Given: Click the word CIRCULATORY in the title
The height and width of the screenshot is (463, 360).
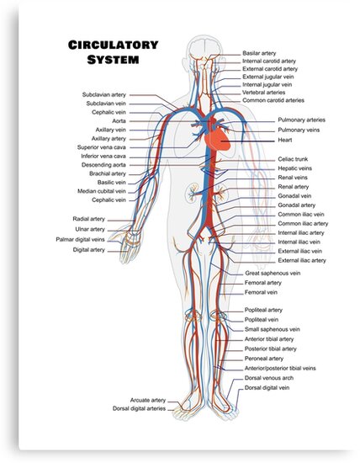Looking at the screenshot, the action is point(114,45).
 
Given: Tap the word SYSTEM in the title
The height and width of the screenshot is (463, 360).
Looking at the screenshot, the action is point(113,60).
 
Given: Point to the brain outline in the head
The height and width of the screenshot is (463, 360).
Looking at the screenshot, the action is point(205,47).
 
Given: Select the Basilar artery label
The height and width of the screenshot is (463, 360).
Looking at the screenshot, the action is point(259,53).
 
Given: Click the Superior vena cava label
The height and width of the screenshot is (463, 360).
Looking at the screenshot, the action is point(102,147).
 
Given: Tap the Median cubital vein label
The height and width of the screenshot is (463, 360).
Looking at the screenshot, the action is point(102,191).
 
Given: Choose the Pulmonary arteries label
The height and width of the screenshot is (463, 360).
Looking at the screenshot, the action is point(302,120).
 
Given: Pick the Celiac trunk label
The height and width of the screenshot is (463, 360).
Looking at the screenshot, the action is point(293,159).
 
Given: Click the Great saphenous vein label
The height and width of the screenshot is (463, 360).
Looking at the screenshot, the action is point(273,274).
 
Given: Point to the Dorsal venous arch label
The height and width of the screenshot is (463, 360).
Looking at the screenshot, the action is point(269,378).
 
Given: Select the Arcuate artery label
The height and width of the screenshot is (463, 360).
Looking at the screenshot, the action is point(148,400).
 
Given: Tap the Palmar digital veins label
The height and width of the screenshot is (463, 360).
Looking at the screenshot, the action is point(80,239).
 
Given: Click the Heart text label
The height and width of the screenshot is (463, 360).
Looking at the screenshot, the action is point(285,140).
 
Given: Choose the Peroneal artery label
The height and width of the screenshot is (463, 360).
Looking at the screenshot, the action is point(264,359).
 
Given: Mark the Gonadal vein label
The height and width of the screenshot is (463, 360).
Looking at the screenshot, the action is point(294,196).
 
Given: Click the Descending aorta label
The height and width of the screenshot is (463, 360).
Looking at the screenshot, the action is point(103,165).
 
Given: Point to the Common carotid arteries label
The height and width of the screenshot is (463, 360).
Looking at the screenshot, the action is point(273,100).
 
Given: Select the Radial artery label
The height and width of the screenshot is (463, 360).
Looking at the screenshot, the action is point(89,219).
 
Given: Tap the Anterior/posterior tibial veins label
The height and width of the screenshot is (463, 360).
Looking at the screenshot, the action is point(280,369).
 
